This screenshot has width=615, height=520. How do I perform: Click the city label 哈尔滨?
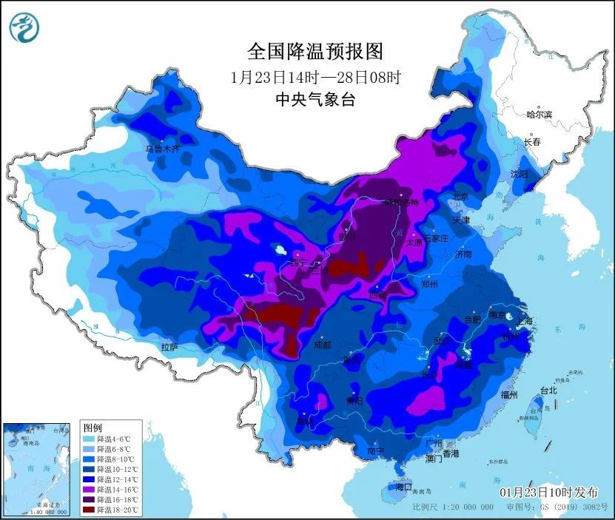point(539,115)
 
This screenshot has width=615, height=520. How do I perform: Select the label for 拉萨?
point(169,347)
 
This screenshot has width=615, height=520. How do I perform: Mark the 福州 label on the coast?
point(510,394)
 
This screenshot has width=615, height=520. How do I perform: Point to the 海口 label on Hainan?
point(403,488)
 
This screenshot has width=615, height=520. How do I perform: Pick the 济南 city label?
point(463,254)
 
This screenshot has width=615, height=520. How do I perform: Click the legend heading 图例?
point(93,428)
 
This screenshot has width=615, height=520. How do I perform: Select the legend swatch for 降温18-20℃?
point(90,509)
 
